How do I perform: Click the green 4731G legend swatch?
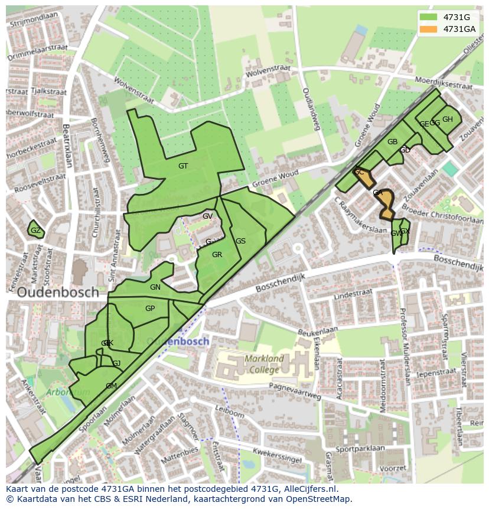429,17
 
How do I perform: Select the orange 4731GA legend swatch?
429,29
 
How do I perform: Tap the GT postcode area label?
183,166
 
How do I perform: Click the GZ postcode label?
35,231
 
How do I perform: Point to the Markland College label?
264,364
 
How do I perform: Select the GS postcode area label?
240,241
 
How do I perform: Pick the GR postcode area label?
217,255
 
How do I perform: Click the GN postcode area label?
155,287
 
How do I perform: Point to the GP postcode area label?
150,309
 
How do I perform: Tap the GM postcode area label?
111,386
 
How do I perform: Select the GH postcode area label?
448,119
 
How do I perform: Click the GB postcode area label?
392,142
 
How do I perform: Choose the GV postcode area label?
207,216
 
